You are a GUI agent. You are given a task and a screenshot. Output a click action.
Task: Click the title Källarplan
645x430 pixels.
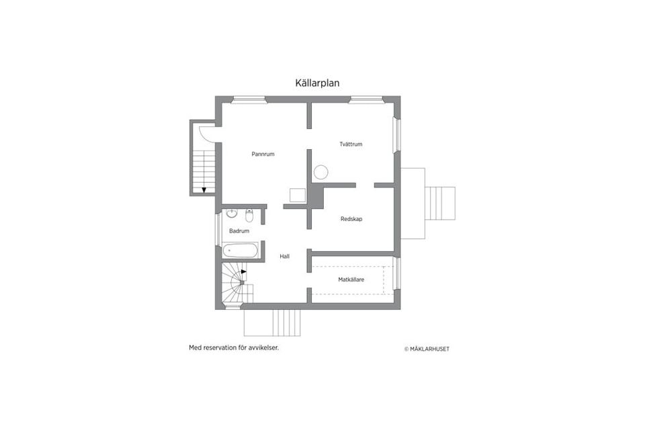click(318, 83)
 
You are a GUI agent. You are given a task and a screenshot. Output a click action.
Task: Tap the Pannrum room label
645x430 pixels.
click(263, 154)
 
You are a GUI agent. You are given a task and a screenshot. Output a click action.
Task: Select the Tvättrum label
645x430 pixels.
click(351, 144)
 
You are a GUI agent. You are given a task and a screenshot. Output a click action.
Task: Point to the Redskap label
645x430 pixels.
click(351, 218)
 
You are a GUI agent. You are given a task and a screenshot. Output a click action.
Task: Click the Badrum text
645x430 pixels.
click(239, 230)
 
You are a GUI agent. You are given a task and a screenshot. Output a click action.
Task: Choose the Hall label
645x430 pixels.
click(285, 256)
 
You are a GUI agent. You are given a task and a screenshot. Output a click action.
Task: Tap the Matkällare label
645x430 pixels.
click(351, 279)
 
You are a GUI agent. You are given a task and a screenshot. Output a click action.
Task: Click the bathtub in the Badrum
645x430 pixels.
click(240, 251)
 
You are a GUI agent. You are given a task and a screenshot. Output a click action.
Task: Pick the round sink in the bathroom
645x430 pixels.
click(232, 214)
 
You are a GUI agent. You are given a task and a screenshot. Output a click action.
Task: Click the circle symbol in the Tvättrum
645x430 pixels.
click(320, 172)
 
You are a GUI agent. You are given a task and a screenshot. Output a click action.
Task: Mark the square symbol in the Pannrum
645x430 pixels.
click(297, 196)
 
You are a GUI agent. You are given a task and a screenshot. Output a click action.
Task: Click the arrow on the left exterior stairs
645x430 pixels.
click(204, 189)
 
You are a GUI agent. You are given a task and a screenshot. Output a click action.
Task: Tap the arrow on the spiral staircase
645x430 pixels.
click(243, 272)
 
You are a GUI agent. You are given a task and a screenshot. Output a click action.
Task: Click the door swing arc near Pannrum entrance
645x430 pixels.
click(210, 134)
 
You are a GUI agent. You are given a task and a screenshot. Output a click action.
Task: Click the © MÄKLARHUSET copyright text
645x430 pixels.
click(427, 349)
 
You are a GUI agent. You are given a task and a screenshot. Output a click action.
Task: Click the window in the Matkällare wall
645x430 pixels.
click(396, 273)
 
